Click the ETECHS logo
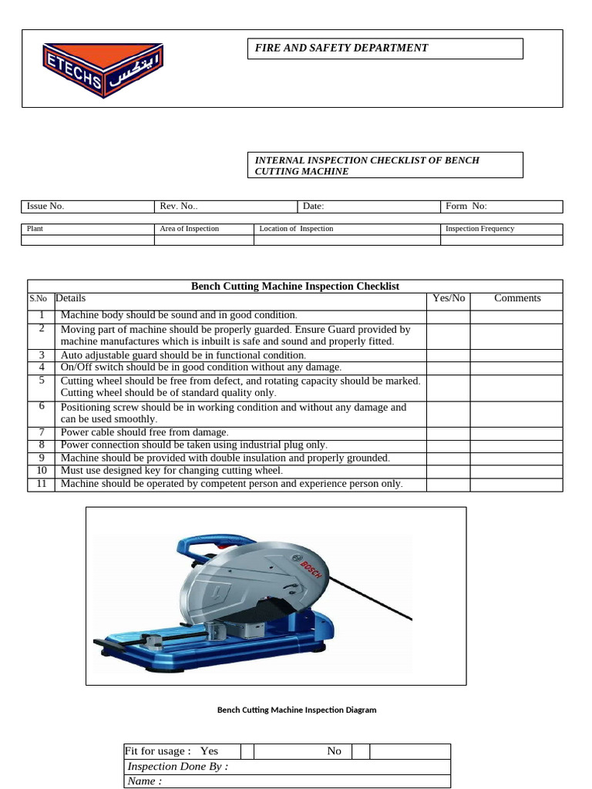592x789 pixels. tap(102, 69)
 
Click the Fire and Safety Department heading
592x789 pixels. tap(341, 48)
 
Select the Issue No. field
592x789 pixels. tap(46, 206)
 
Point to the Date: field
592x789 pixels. tap(314, 206)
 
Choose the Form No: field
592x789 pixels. tap(466, 206)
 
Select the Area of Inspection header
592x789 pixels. tap(190, 229)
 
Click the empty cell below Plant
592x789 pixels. tap(88, 240)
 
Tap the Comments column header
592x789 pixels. tap(517, 298)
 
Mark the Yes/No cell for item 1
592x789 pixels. tap(449, 315)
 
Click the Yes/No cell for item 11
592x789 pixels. tap(449, 485)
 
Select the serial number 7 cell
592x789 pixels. tap(42, 432)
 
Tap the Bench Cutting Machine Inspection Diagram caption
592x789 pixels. tap(297, 710)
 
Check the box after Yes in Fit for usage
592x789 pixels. tap(247, 751)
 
